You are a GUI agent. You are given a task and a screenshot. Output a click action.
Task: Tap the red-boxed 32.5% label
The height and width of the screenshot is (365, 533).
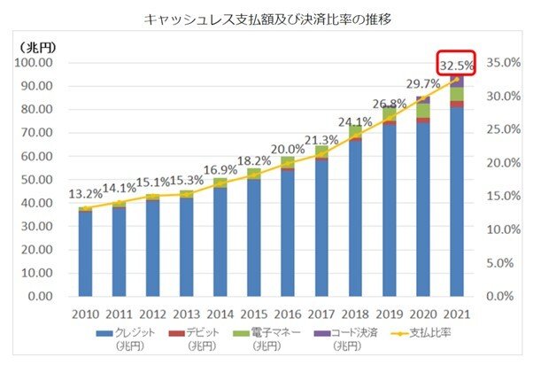[457, 65]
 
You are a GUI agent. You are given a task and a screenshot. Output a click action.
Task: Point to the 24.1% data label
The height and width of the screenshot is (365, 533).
[356, 121]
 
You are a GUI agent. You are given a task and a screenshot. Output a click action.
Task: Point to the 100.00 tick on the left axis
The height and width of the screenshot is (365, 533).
[35, 63]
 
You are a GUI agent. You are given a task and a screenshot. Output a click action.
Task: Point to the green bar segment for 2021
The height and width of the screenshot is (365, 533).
[457, 95]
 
